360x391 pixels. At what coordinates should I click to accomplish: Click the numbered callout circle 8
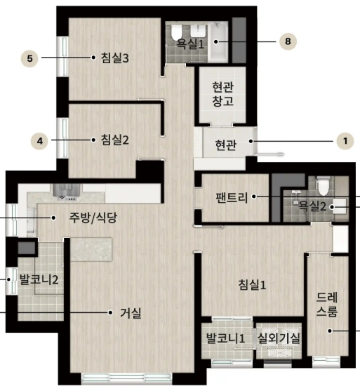pyautogui.click(x=288, y=41)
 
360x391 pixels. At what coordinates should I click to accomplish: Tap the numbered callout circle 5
pyautogui.click(x=29, y=58)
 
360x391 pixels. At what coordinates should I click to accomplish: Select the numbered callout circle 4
pyautogui.click(x=39, y=141)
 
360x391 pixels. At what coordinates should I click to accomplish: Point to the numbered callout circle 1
pyautogui.click(x=345, y=141)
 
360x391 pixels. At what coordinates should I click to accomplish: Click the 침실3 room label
pyautogui.click(x=114, y=58)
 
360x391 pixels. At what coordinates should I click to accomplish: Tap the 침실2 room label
pyautogui.click(x=114, y=140)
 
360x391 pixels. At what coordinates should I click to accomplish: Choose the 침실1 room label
pyautogui.click(x=252, y=284)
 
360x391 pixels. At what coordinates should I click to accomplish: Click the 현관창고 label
pyautogui.click(x=223, y=94)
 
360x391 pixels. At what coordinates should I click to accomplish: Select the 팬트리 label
pyautogui.click(x=232, y=197)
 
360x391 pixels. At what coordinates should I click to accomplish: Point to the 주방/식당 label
pyautogui.click(x=93, y=218)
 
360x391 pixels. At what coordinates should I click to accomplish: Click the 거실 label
pyautogui.click(x=131, y=312)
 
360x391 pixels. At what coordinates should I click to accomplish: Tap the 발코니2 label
pyautogui.click(x=39, y=279)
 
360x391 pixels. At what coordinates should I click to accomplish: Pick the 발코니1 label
pyautogui.click(x=225, y=338)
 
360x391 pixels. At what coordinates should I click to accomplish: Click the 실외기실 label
pyautogui.click(x=279, y=338)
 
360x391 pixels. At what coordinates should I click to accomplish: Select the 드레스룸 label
pyautogui.click(x=327, y=304)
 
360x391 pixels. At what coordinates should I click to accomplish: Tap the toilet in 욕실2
pyautogui.click(x=323, y=186)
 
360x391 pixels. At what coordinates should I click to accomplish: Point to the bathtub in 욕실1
pyautogui.click(x=218, y=41)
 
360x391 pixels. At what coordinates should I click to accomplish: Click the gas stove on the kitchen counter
pyautogui.click(x=66, y=193)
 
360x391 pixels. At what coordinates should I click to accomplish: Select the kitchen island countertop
pyautogui.click(x=91, y=249)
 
